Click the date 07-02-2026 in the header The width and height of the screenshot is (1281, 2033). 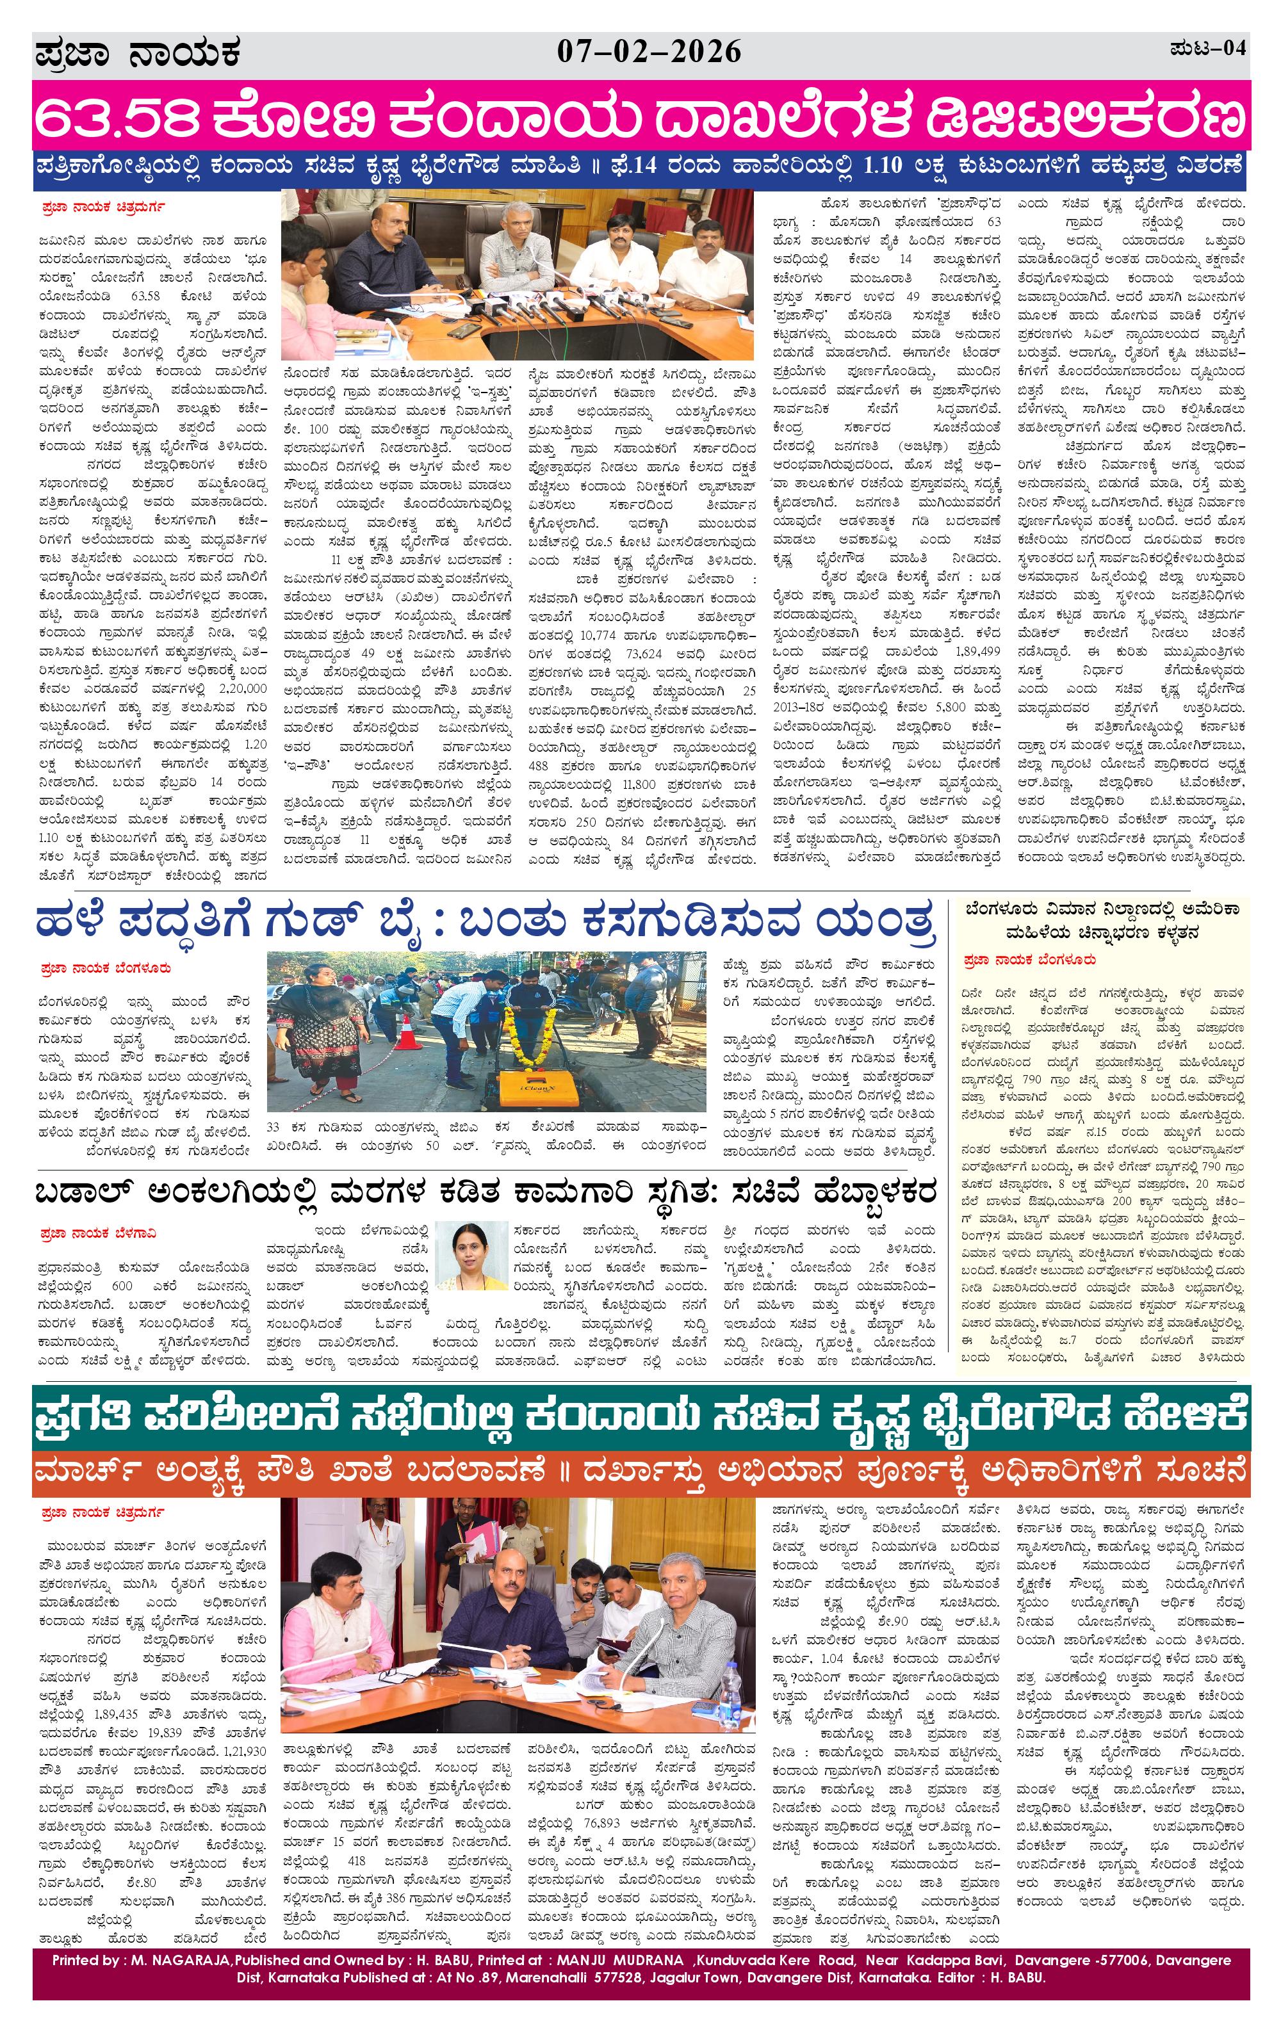click(x=649, y=53)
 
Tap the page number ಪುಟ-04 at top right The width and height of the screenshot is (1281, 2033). click(x=1207, y=49)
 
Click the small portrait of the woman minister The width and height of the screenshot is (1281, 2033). click(x=472, y=1254)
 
